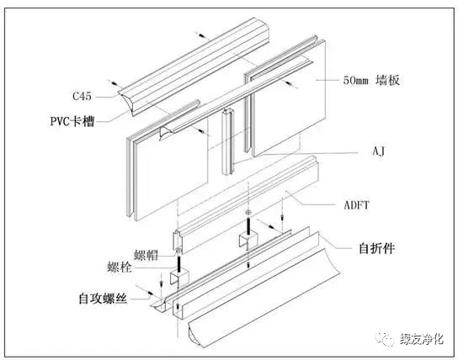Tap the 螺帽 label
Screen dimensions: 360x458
click(x=146, y=252)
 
